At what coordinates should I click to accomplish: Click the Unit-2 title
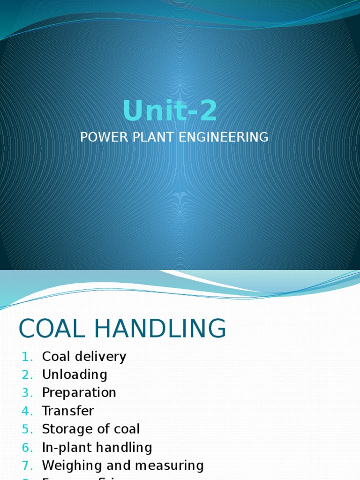click(170, 111)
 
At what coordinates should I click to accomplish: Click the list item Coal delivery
click(84, 357)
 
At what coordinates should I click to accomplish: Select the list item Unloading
click(75, 375)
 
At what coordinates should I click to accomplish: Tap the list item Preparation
click(79, 392)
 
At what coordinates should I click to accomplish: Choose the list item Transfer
click(68, 411)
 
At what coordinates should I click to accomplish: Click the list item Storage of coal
click(91, 429)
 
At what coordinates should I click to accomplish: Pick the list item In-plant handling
click(97, 448)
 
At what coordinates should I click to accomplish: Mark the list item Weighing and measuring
click(123, 465)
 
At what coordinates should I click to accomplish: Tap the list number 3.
click(26, 393)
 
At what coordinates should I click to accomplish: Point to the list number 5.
click(26, 429)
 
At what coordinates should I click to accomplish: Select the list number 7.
click(26, 466)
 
